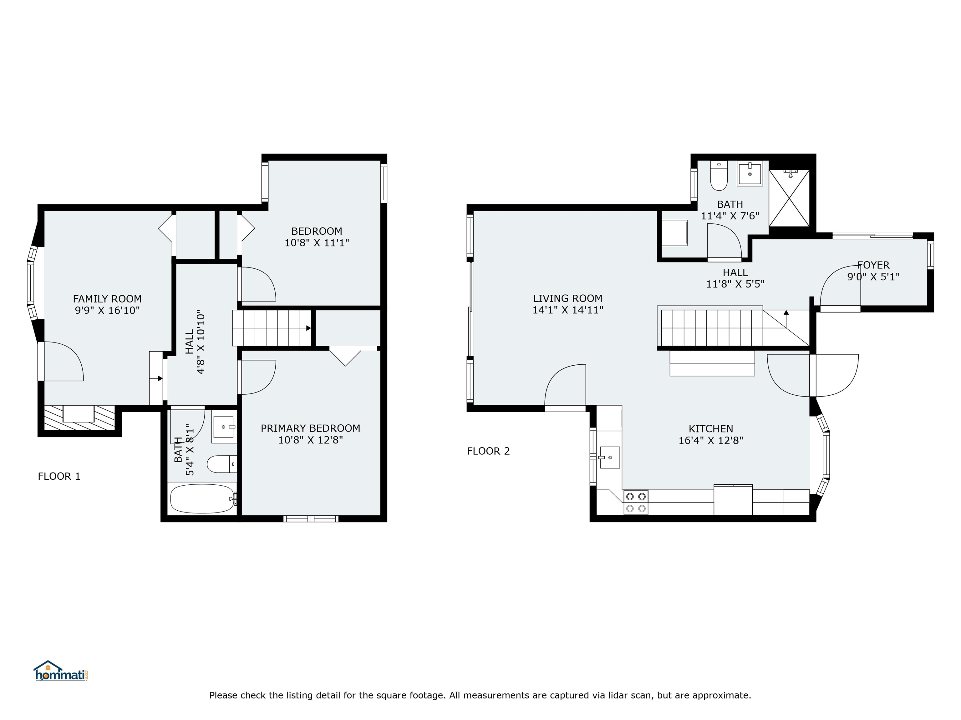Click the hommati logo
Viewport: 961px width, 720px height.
point(61,671)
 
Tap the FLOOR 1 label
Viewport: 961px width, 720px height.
point(59,477)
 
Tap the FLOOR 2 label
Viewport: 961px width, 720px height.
point(488,451)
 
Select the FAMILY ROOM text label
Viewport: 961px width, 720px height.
point(107,299)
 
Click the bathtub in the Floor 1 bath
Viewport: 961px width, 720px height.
point(202,499)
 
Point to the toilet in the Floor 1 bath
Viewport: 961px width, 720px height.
point(221,464)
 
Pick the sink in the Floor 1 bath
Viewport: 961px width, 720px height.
point(224,427)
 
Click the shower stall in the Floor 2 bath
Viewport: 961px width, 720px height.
point(789,198)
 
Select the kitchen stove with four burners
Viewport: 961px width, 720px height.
point(636,502)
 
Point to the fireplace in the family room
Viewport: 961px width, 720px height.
point(79,417)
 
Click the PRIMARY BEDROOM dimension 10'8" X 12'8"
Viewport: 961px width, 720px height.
point(310,440)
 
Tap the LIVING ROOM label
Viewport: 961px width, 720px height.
point(567,298)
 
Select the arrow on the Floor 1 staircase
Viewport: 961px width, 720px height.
point(308,328)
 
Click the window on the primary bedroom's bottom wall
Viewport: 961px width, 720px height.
point(311,519)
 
